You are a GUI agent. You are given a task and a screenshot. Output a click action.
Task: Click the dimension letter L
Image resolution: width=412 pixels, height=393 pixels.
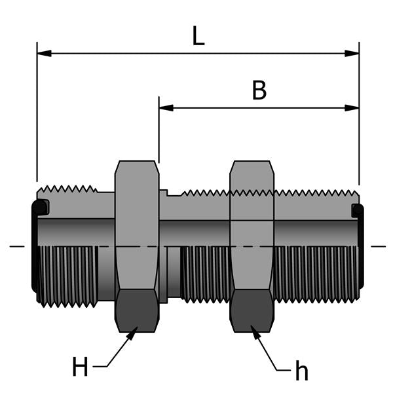click(198, 35)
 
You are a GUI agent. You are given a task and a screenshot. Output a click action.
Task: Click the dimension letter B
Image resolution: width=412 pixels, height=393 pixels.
click(259, 91)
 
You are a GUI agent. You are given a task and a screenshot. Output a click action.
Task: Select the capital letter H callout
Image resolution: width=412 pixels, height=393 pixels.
click(80, 367)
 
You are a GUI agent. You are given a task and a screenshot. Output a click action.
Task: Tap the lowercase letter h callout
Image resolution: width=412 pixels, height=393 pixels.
click(301, 371)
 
